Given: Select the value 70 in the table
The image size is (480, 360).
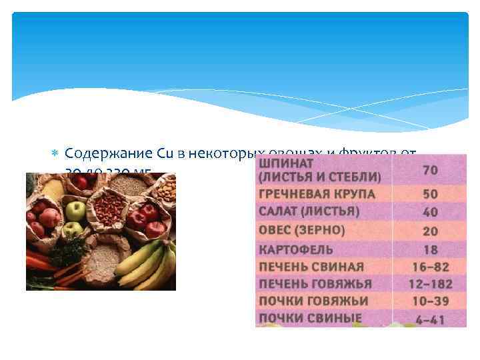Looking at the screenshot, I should (x=430, y=170).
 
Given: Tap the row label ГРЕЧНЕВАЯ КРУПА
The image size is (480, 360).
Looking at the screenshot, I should (x=317, y=195).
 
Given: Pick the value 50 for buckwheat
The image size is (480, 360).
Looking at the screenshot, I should (x=430, y=195).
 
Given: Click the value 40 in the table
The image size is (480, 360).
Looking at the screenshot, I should (x=430, y=212).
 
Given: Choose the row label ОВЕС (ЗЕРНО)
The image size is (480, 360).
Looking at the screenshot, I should (x=301, y=230).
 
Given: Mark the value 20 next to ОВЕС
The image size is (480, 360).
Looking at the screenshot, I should (x=430, y=231).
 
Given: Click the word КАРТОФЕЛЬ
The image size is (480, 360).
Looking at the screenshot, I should (x=295, y=249).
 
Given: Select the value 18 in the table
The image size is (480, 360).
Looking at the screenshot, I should (x=430, y=249).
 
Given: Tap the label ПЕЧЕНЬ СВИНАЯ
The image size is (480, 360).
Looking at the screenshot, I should (x=311, y=267).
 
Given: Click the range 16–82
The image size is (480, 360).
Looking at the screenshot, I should (x=430, y=267).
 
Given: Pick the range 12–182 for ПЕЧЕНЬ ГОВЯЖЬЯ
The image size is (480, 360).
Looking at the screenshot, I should (x=430, y=284).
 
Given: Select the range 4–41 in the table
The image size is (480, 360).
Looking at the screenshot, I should (x=430, y=319).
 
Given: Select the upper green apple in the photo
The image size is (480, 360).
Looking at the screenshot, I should (x=75, y=211).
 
